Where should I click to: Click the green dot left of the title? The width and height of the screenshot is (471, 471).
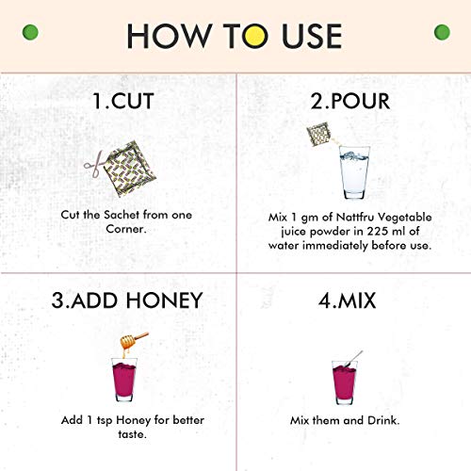point(30,32)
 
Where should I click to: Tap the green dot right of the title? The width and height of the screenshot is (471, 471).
point(442,32)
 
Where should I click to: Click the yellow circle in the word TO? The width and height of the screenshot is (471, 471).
point(255,36)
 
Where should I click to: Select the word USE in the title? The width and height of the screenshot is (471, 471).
point(312,36)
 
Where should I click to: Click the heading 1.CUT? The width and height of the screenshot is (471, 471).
point(123,101)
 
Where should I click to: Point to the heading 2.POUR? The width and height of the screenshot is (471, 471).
point(350,101)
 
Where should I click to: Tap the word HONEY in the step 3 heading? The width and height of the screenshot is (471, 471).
point(164,300)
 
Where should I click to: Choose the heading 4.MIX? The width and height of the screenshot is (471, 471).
point(347,300)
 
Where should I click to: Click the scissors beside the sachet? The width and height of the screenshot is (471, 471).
point(94,163)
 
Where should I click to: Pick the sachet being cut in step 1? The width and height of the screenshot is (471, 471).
point(130,169)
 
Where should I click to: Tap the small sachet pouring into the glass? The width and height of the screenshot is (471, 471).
point(318,135)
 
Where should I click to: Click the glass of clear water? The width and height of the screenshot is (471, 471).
point(354,172)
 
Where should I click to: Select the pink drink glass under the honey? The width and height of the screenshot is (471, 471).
point(124,380)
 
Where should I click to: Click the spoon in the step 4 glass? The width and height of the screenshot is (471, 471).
point(354,359)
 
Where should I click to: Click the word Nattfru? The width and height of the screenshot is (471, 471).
point(355,217)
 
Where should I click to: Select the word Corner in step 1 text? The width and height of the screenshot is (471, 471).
point(126,229)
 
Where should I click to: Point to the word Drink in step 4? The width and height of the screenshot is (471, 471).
point(383,420)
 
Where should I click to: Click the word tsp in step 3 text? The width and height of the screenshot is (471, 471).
point(105,421)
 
